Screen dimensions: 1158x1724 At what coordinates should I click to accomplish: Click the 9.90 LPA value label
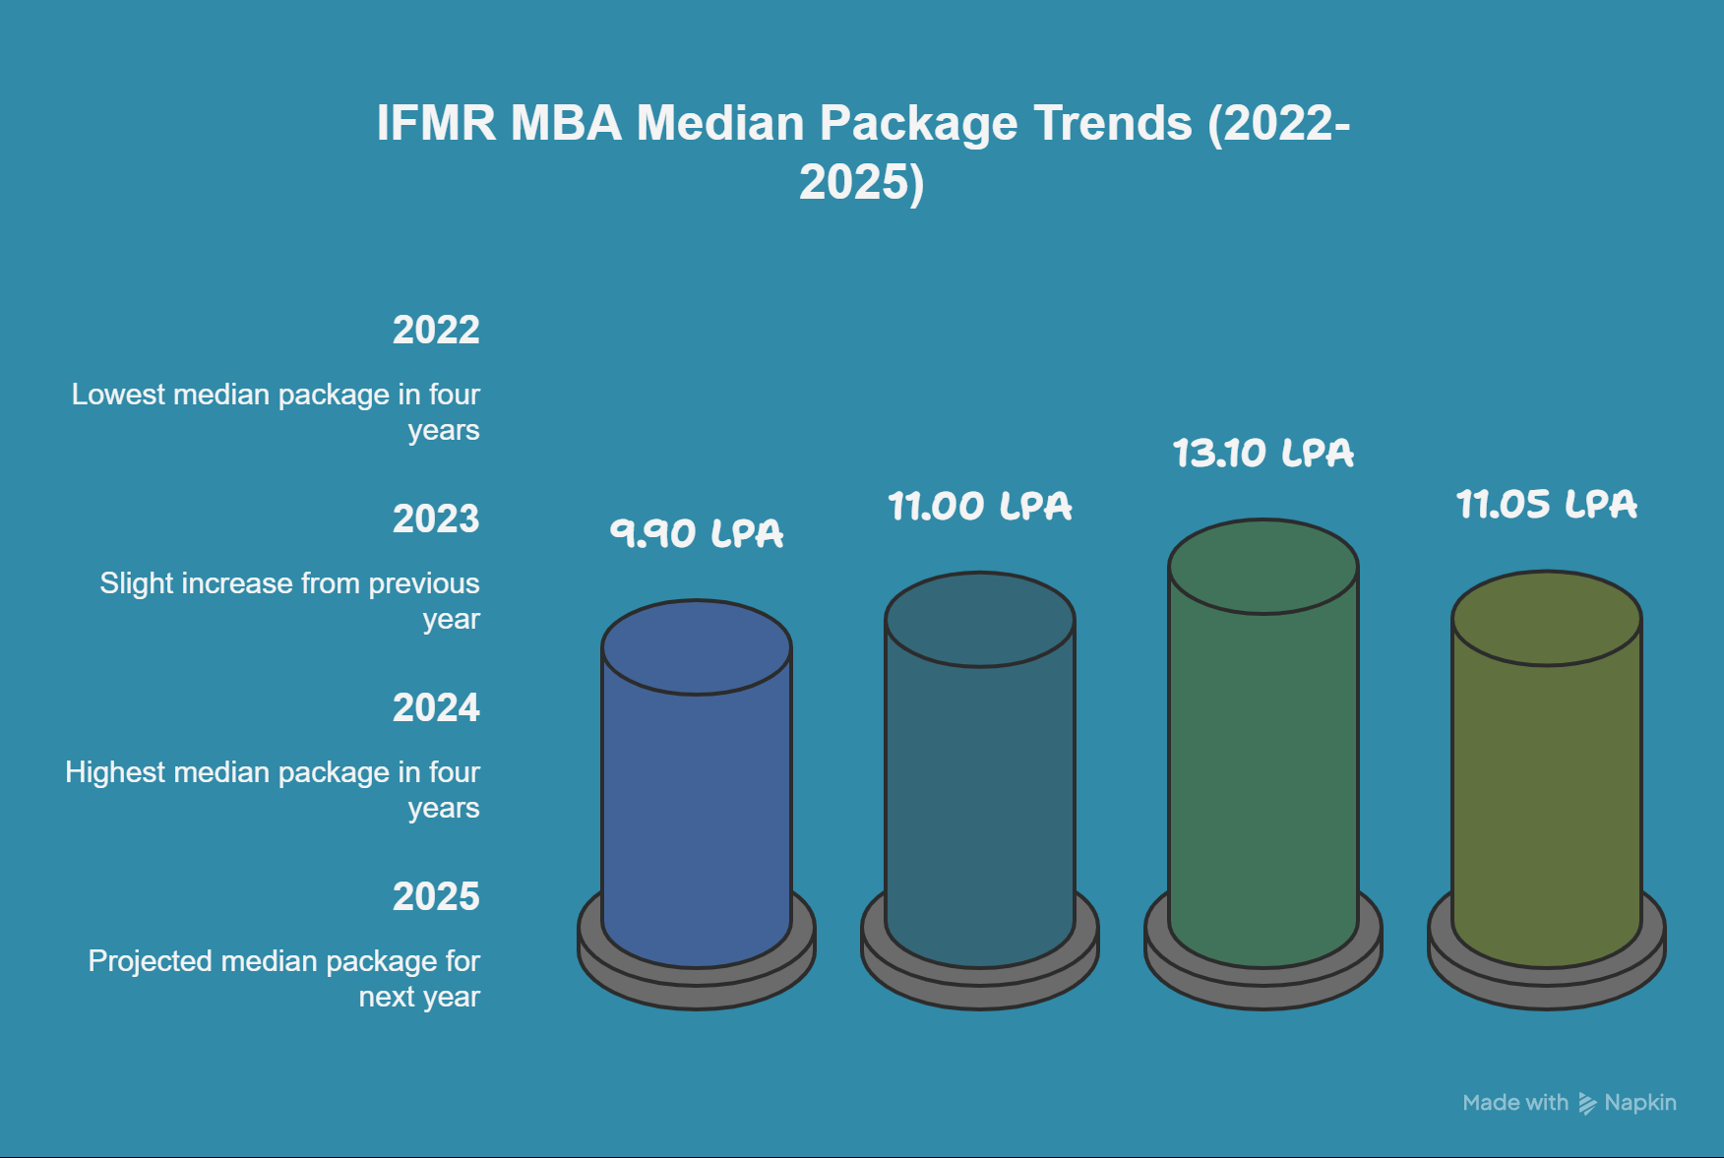click(x=697, y=533)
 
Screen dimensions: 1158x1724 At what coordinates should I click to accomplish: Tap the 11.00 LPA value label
click(x=980, y=507)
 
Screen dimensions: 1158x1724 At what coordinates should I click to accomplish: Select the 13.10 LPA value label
click(x=1263, y=454)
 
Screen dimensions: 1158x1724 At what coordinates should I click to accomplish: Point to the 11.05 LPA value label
click(x=1547, y=505)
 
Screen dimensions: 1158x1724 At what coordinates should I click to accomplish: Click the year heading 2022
click(x=436, y=331)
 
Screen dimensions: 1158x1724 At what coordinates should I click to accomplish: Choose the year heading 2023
click(x=436, y=519)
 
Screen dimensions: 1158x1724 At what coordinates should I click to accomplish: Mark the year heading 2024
click(x=436, y=708)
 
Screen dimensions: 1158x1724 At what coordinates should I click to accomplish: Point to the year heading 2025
click(x=436, y=897)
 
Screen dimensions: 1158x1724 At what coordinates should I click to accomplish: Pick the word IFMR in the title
click(x=436, y=124)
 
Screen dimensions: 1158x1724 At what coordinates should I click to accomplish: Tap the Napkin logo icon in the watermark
click(x=1587, y=1103)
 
